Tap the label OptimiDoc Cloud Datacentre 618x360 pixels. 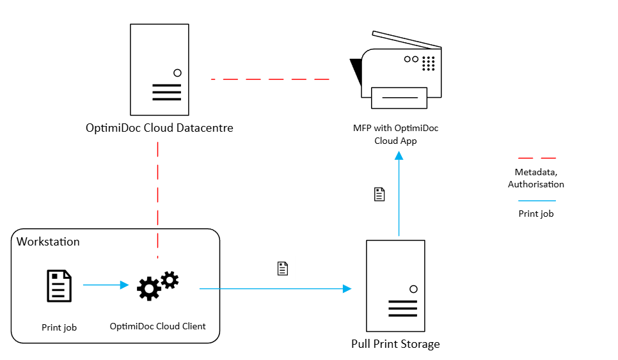(x=159, y=128)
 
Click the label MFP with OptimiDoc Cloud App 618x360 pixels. (x=396, y=134)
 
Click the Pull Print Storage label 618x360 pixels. (x=395, y=344)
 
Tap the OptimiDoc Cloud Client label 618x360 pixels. (x=157, y=326)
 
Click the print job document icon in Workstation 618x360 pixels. (x=59, y=286)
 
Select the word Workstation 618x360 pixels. (x=48, y=242)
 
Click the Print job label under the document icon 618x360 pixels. (x=59, y=327)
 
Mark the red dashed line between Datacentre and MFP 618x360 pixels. (x=270, y=79)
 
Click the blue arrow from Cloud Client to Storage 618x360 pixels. (x=275, y=289)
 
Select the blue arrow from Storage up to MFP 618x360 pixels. (x=399, y=195)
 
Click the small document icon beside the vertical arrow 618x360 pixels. (x=379, y=194)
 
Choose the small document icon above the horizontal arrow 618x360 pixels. (x=282, y=269)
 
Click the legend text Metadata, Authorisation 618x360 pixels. (x=536, y=178)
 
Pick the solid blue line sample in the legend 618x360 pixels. (x=536, y=201)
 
